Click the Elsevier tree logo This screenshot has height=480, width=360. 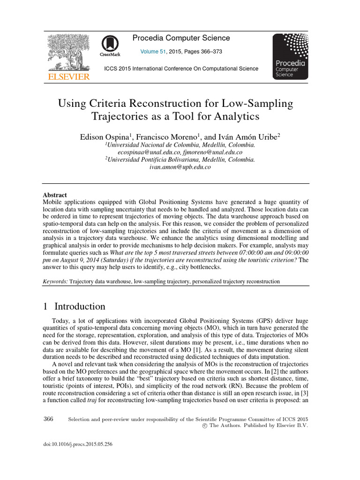pyautogui.click(x=67, y=52)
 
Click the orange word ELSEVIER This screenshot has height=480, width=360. pyautogui.click(x=67, y=77)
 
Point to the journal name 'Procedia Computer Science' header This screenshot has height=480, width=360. pyautogui.click(x=181, y=38)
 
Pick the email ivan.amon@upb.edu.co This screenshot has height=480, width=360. pyautogui.click(x=180, y=166)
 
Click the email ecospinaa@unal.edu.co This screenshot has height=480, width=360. pyautogui.click(x=149, y=152)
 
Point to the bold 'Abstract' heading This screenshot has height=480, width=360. pyautogui.click(x=55, y=195)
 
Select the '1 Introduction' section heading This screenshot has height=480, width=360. pyautogui.click(x=74, y=307)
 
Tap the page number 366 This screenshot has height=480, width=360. pyautogui.click(x=48, y=419)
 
